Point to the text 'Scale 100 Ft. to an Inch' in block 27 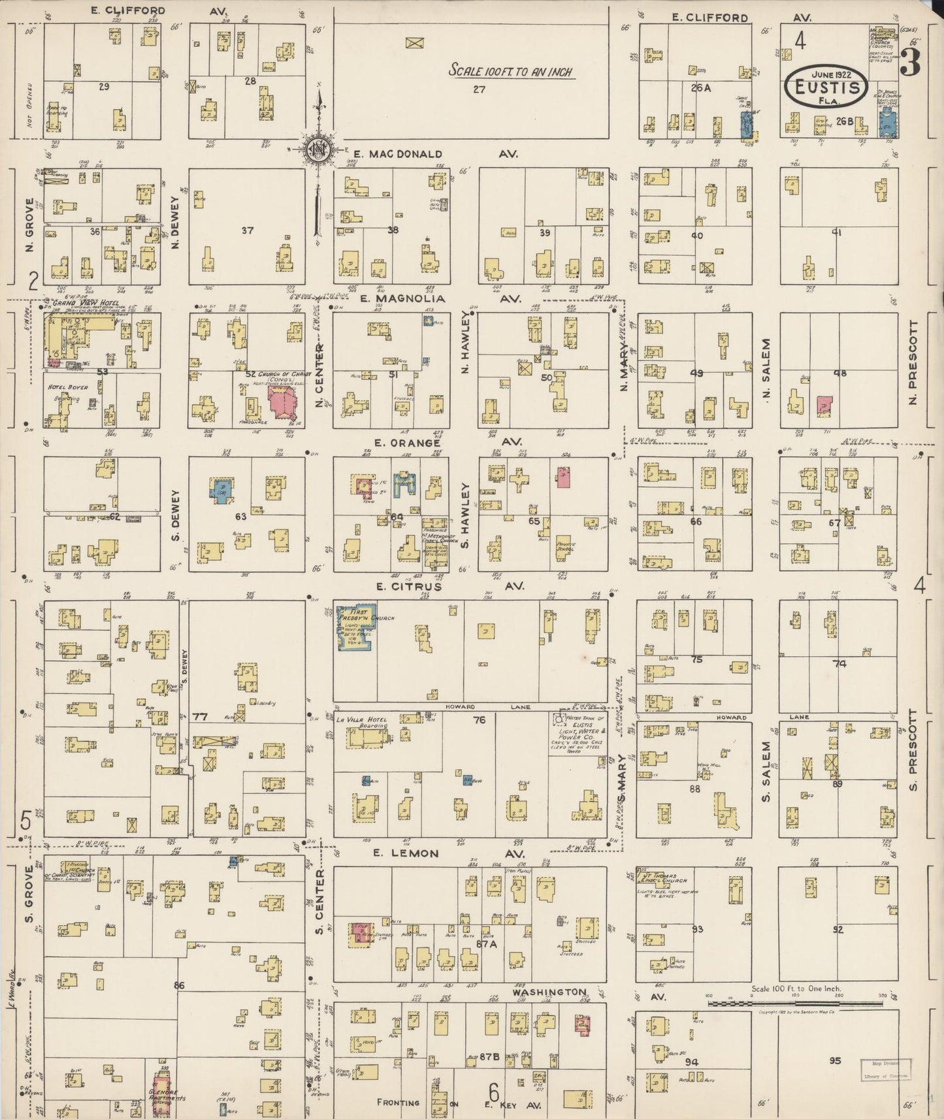coord(510,71)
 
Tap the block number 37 coord(247,230)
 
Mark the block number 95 coord(835,1060)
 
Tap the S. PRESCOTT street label coord(913,749)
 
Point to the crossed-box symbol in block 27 coord(413,43)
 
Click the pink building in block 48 coord(824,405)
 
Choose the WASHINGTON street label coord(549,992)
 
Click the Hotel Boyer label coord(69,387)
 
